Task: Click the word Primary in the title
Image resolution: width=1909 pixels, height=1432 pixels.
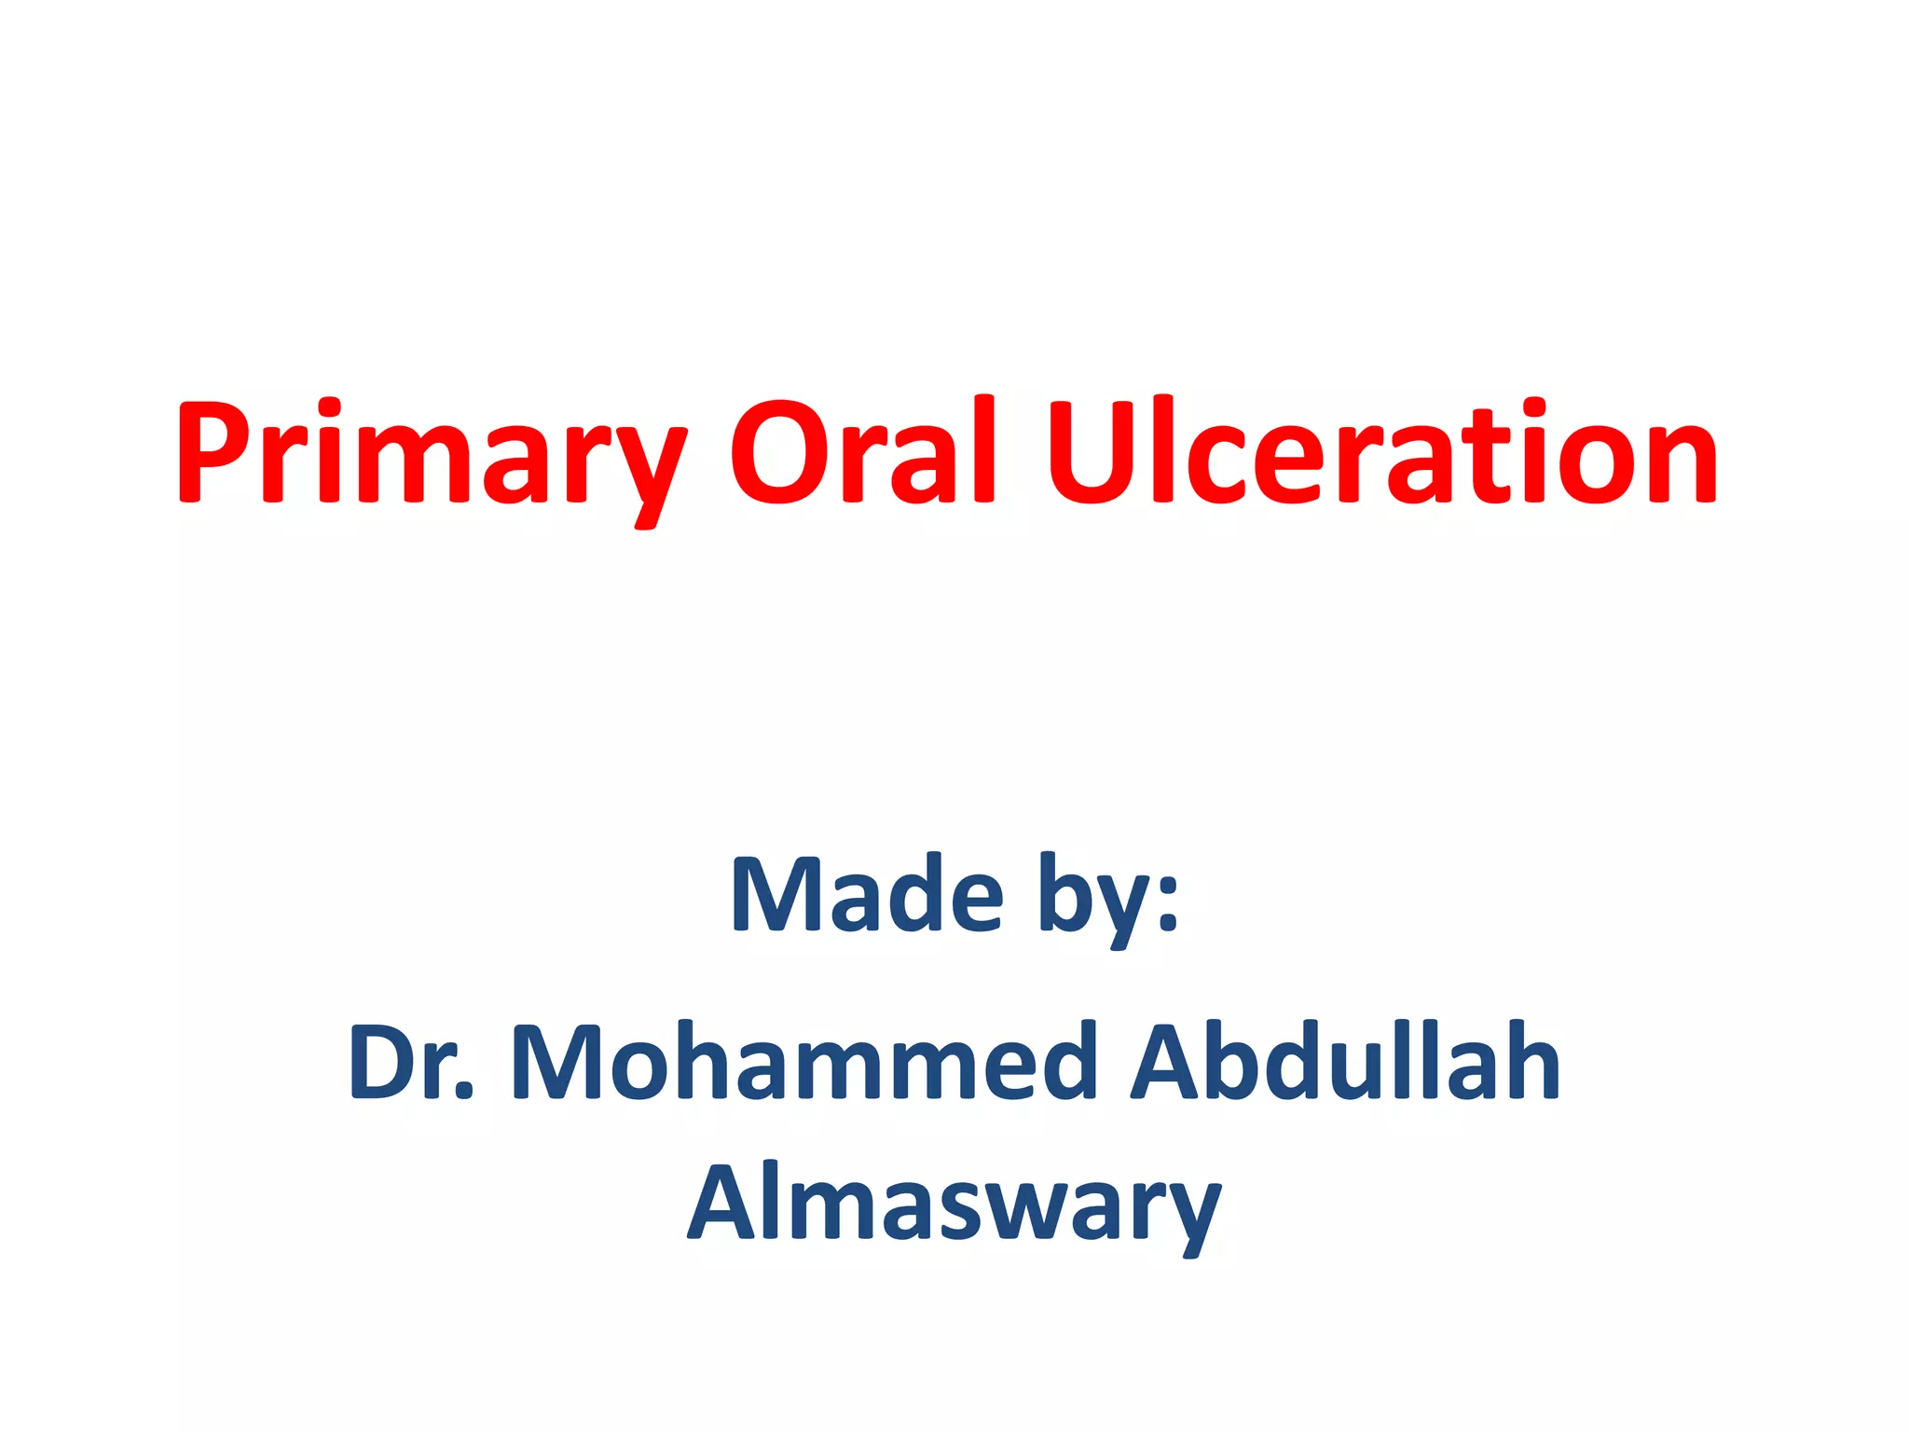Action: [431, 453]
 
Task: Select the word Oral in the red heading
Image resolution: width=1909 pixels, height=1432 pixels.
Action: [865, 453]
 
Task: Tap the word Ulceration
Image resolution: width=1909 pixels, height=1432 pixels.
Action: [1381, 453]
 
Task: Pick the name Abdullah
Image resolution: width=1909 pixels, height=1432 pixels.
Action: [1345, 1063]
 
